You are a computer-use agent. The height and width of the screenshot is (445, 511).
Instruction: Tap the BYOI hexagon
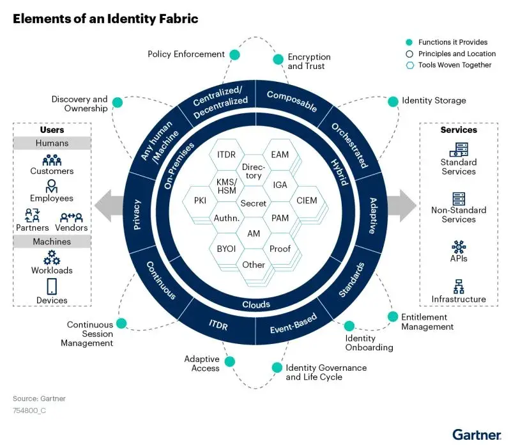pos(226,249)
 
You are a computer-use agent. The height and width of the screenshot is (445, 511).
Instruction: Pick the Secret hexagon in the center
pos(254,203)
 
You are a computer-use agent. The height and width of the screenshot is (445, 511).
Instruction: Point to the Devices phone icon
pos(52,285)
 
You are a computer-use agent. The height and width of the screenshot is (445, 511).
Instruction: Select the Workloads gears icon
pos(52,257)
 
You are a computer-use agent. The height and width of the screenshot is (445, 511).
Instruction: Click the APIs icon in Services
pos(459,247)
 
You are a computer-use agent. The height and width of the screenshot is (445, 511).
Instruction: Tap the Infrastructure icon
pos(459,286)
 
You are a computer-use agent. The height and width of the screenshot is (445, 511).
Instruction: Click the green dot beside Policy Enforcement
pos(235,54)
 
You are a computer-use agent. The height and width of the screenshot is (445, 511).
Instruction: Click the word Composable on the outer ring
pos(291,101)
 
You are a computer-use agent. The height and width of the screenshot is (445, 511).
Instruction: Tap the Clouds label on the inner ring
pos(256,304)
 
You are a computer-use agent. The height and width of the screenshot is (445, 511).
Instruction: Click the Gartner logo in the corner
pos(476,434)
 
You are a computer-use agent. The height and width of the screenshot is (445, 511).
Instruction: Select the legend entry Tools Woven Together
pos(455,65)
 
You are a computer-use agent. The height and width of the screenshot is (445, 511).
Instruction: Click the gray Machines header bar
pos(52,242)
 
